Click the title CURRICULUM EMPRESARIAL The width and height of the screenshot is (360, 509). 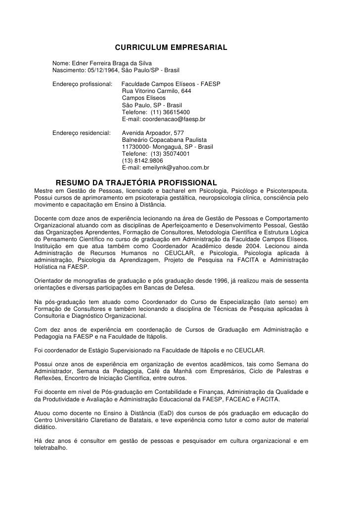click(x=171, y=48)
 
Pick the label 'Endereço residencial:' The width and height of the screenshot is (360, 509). click(x=82, y=133)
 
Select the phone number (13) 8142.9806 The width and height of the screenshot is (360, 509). click(x=142, y=161)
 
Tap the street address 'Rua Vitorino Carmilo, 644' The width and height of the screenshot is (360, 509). click(x=156, y=91)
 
